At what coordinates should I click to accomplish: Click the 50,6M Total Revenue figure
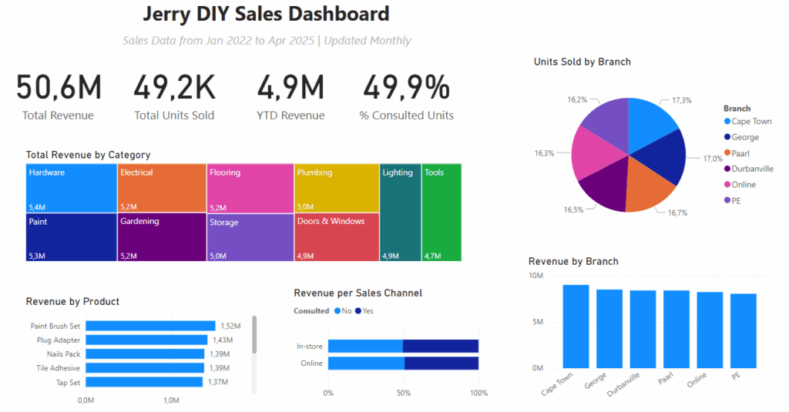click(59, 88)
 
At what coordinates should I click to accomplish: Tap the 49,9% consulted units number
click(407, 88)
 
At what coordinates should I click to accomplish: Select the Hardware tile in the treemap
click(71, 188)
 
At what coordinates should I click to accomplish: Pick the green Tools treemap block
click(442, 213)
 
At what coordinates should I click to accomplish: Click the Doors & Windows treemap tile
click(337, 237)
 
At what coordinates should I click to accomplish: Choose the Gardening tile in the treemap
click(162, 237)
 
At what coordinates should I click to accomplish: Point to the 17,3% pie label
click(682, 100)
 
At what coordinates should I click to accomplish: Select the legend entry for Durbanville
click(749, 169)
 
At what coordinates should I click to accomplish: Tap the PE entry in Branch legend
click(732, 201)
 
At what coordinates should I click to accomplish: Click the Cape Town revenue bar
click(576, 327)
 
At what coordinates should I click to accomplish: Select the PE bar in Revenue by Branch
click(744, 331)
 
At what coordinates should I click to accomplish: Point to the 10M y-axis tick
click(536, 276)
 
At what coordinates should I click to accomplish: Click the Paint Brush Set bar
click(150, 326)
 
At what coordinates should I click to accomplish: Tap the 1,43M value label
click(223, 340)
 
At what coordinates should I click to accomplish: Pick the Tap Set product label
click(68, 382)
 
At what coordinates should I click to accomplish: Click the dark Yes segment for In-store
click(440, 346)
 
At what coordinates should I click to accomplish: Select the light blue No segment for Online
click(366, 363)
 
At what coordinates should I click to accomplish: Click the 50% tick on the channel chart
click(404, 393)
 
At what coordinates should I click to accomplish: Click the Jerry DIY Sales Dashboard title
click(266, 14)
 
